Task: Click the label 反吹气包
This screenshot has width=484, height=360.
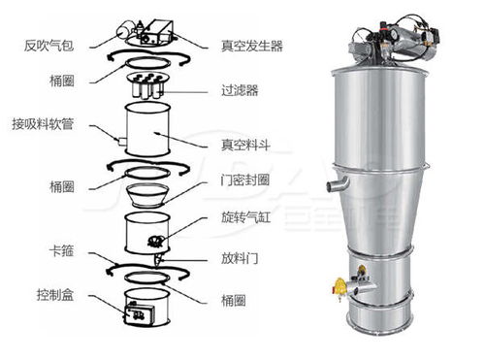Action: point(48,46)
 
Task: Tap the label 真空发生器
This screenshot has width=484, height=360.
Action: point(252,46)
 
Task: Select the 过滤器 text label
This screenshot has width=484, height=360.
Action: point(240,90)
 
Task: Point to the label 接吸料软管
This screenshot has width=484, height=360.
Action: point(43,124)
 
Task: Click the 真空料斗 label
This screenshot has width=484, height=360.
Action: point(245,145)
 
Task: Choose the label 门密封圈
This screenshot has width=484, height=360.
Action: point(245,180)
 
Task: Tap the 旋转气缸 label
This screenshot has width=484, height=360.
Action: point(245,217)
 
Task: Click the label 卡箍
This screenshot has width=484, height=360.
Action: point(61,250)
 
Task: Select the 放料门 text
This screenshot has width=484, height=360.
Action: point(240,258)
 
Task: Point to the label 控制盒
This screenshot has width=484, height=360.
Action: point(55,295)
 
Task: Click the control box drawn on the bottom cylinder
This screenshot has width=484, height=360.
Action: point(138,313)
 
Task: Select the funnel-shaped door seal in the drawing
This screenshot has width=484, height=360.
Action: point(147,195)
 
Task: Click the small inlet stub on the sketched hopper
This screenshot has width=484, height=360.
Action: point(122,142)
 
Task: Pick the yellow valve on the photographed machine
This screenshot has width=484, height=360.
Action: point(339,286)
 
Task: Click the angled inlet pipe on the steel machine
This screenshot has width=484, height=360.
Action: point(338,183)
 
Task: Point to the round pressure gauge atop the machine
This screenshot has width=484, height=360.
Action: point(394,33)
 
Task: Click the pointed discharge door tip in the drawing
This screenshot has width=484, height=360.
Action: point(157,260)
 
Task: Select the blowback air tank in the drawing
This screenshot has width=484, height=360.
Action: point(125,30)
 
